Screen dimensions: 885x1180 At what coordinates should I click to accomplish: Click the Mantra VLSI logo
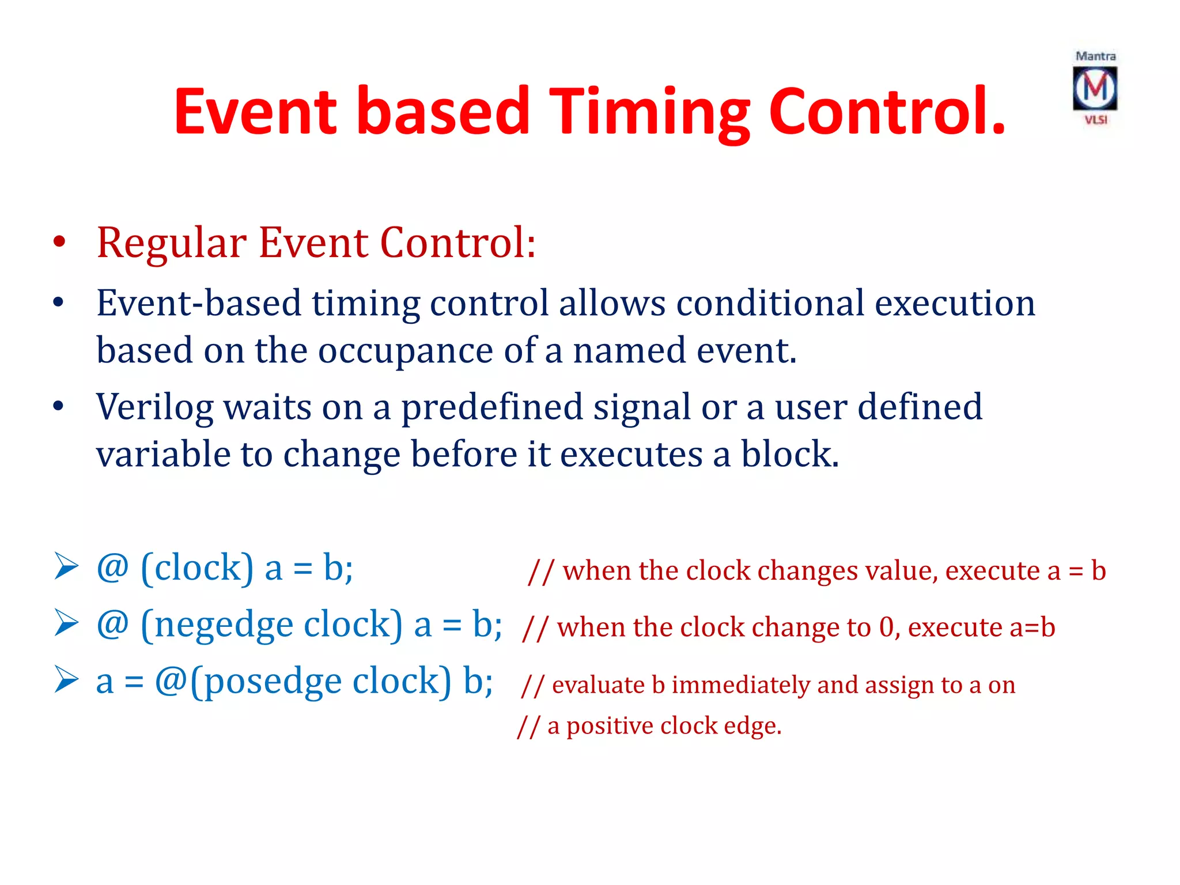1095,88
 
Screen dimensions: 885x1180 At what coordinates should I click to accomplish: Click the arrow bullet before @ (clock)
66,566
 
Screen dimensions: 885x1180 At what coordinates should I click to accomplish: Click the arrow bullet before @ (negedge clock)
66,623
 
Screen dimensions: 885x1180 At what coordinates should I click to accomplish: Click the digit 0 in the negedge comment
886,627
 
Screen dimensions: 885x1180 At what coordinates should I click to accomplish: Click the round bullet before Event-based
58,302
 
